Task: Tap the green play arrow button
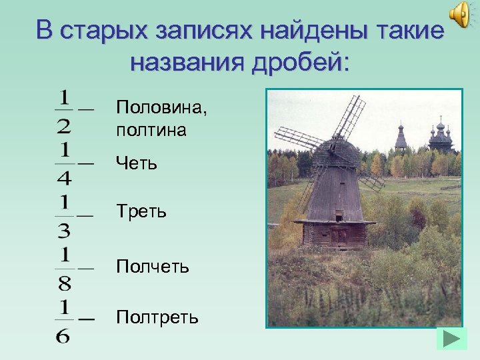451,338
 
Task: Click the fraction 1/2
65,111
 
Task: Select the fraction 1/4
65,163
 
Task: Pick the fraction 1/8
65,268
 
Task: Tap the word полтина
151,129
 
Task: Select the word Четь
137,162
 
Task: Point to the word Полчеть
153,267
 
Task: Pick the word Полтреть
157,317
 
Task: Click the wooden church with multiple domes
440,136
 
